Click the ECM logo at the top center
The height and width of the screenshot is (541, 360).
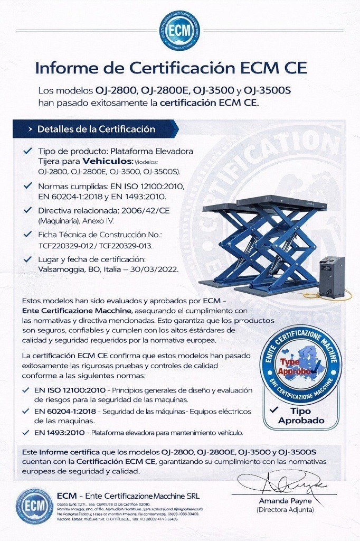[180, 31]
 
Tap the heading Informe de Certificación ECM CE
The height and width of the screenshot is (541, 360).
[170, 68]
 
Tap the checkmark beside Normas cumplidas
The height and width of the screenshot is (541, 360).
[27, 186]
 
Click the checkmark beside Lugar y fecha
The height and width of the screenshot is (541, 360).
[27, 259]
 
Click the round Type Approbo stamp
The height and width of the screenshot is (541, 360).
[301, 364]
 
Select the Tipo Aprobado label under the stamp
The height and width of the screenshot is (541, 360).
[301, 416]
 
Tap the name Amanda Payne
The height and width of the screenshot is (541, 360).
[285, 501]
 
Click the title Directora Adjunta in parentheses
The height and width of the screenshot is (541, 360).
[285, 510]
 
